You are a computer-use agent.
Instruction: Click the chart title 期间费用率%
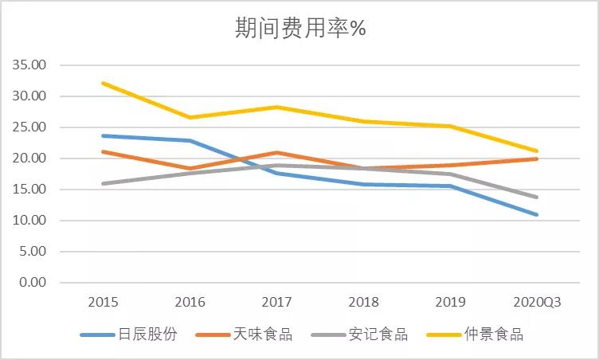tap(299, 29)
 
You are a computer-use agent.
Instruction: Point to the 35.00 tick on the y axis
tap(30, 65)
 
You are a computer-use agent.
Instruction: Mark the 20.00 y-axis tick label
tap(30, 158)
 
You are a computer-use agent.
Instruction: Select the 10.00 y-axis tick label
tap(30, 221)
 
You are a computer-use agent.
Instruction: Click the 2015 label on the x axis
tap(104, 303)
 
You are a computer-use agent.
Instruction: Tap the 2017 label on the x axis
tap(277, 303)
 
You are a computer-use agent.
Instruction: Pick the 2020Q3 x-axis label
tap(537, 303)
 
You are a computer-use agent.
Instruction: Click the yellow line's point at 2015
tap(104, 83)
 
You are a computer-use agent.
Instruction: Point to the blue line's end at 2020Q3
tap(537, 214)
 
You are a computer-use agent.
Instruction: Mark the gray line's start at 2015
tap(104, 183)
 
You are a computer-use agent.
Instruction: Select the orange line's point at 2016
tap(190, 169)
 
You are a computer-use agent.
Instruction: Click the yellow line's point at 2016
tap(190, 117)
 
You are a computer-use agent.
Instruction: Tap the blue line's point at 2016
tap(190, 141)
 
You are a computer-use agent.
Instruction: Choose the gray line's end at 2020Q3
tap(537, 197)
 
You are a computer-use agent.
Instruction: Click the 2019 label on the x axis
tap(450, 303)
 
